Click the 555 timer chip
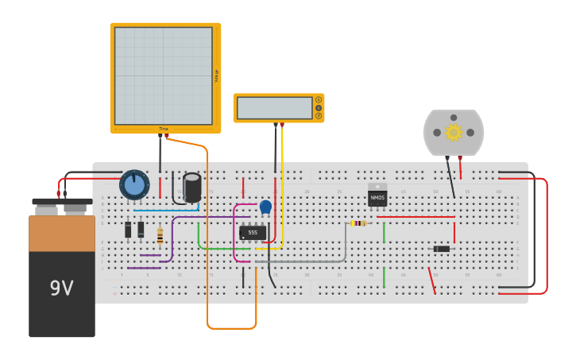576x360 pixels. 253,233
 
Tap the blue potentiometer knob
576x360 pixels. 134,184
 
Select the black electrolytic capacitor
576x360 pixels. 192,188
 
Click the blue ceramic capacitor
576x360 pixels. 265,207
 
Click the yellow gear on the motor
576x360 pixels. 454,132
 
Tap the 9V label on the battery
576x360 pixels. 61,288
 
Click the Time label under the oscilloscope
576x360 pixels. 164,129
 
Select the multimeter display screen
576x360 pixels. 274,108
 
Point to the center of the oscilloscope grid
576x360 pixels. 164,75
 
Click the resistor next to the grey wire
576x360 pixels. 359,223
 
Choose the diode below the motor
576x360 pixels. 442,249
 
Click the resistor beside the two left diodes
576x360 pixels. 160,236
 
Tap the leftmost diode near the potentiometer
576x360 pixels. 128,230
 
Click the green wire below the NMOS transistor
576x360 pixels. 384,277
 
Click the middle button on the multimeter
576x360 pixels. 319,108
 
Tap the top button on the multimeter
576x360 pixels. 319,100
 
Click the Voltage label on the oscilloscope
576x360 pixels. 216,75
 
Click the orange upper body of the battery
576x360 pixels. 62,233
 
